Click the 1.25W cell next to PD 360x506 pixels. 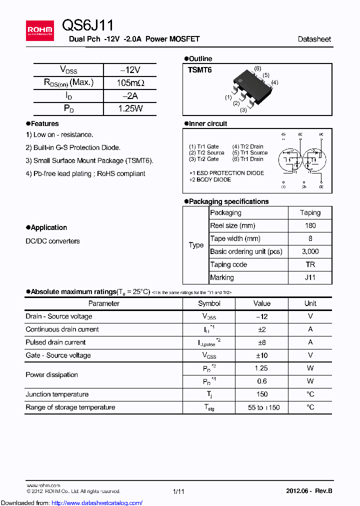click(x=130, y=108)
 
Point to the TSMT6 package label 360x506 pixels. click(x=199, y=70)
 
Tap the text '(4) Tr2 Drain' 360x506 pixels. click(x=248, y=146)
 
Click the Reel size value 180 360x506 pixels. click(x=310, y=225)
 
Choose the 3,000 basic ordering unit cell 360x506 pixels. click(x=310, y=251)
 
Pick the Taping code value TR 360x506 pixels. click(x=310, y=264)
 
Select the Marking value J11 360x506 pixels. click(x=310, y=277)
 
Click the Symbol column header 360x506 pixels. click(x=209, y=303)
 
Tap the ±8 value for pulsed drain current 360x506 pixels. click(x=261, y=342)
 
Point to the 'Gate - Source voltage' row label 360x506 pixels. click(x=58, y=355)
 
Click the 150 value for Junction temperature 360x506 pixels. click(x=261, y=394)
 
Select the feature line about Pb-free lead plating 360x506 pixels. click(x=85, y=174)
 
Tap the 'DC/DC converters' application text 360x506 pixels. click(x=52, y=241)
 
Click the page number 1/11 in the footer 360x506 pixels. click(x=178, y=492)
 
